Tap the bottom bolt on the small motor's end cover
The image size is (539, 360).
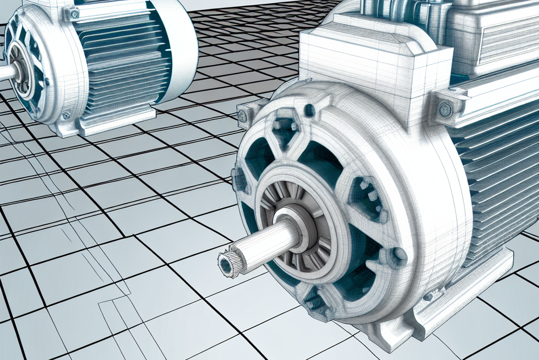tap(66, 115)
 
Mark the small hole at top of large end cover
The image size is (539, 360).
tap(309, 110)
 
